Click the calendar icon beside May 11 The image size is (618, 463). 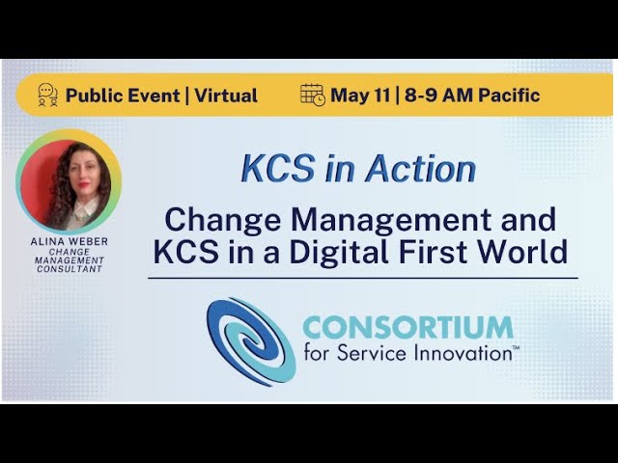[313, 95]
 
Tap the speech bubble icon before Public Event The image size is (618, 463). [47, 95]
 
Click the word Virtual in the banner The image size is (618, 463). [227, 95]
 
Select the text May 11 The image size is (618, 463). [359, 95]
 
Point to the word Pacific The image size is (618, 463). [507, 95]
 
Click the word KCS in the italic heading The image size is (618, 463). [266, 169]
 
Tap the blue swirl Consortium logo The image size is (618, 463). [250, 340]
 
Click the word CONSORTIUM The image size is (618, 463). [407, 328]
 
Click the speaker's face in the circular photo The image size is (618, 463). [75, 174]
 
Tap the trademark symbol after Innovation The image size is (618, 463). [517, 347]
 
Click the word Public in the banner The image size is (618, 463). [96, 95]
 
